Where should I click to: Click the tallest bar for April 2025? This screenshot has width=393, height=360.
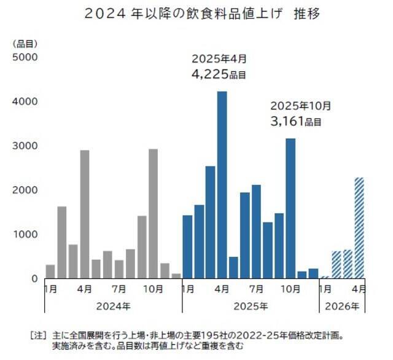222,184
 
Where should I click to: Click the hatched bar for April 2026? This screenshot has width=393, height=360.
359,227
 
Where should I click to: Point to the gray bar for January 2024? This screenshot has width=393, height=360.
50,271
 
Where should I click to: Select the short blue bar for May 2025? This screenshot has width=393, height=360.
233,267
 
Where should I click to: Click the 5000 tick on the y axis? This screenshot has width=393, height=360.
26,57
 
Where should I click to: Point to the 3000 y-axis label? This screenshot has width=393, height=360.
26,146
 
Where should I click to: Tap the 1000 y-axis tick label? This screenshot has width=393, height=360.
26,234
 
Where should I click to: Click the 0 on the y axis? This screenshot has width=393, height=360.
35,278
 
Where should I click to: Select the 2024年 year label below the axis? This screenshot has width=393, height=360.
113,305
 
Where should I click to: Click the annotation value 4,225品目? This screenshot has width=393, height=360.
219,75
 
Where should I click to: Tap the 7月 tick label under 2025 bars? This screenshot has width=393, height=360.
257,288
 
